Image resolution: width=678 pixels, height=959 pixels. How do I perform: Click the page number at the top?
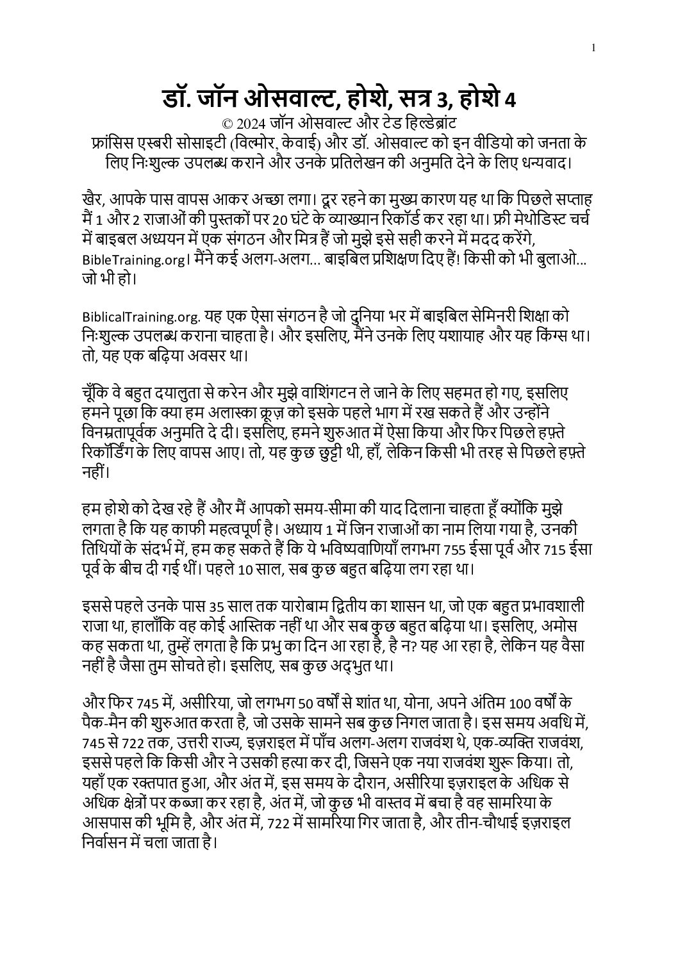[x=595, y=47]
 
